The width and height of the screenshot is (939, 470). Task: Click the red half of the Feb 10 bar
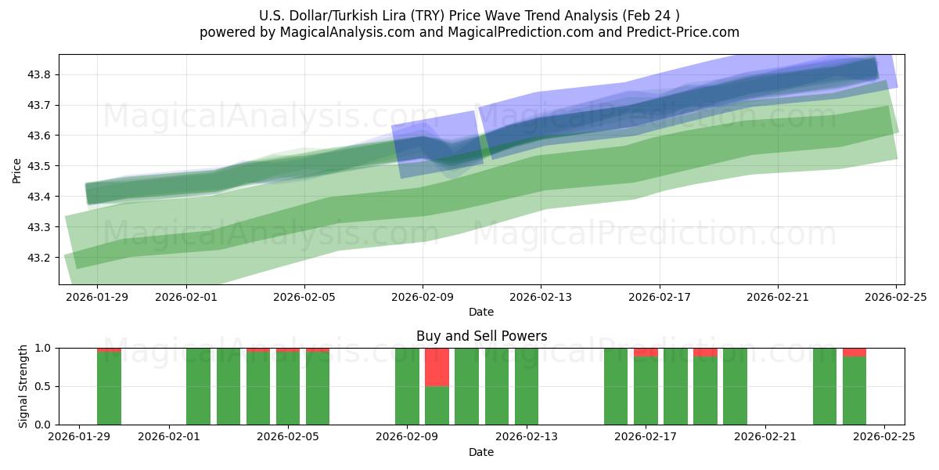point(437,367)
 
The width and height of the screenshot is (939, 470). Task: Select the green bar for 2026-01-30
point(109,389)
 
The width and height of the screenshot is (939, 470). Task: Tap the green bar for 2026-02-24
point(854,390)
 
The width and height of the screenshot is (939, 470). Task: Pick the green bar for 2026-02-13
point(527,386)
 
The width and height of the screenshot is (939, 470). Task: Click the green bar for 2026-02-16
point(616,386)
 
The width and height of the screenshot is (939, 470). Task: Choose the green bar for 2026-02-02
point(198,386)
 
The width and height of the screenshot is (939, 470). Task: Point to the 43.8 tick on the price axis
point(39,74)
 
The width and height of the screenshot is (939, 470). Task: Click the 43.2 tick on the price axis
point(39,258)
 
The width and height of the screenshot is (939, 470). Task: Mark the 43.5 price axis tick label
point(39,166)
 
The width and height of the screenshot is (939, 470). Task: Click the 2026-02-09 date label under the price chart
point(423,298)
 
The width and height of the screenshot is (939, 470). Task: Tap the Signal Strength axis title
point(23,386)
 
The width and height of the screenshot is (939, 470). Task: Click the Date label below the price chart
point(481,312)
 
